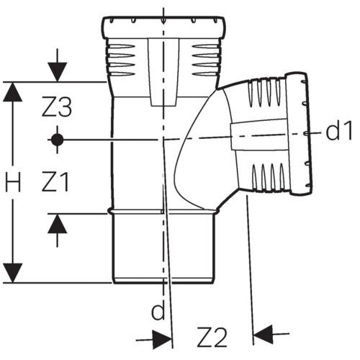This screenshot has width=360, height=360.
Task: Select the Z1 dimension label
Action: tap(55, 181)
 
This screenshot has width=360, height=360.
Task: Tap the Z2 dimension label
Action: tap(212, 337)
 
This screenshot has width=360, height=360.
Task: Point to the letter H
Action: tap(13, 182)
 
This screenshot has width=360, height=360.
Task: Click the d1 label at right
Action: tap(339, 131)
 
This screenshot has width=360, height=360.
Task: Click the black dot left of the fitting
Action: tap(57, 140)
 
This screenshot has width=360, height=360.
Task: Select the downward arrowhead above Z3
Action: tap(57, 72)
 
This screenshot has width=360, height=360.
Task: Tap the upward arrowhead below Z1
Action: tap(57, 223)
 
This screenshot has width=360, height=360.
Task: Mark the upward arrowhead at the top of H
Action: tap(13, 91)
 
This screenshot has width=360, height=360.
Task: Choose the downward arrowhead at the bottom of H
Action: tap(13, 273)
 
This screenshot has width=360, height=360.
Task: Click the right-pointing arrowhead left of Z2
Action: tap(163, 340)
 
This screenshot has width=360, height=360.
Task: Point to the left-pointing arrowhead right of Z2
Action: tap(263, 334)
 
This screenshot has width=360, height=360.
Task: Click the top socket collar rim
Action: tap(163, 27)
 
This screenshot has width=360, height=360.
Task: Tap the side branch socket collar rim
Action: tap(299, 133)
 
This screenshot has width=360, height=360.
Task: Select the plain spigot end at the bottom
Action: tap(163, 248)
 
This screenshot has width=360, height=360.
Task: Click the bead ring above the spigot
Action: tap(163, 211)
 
